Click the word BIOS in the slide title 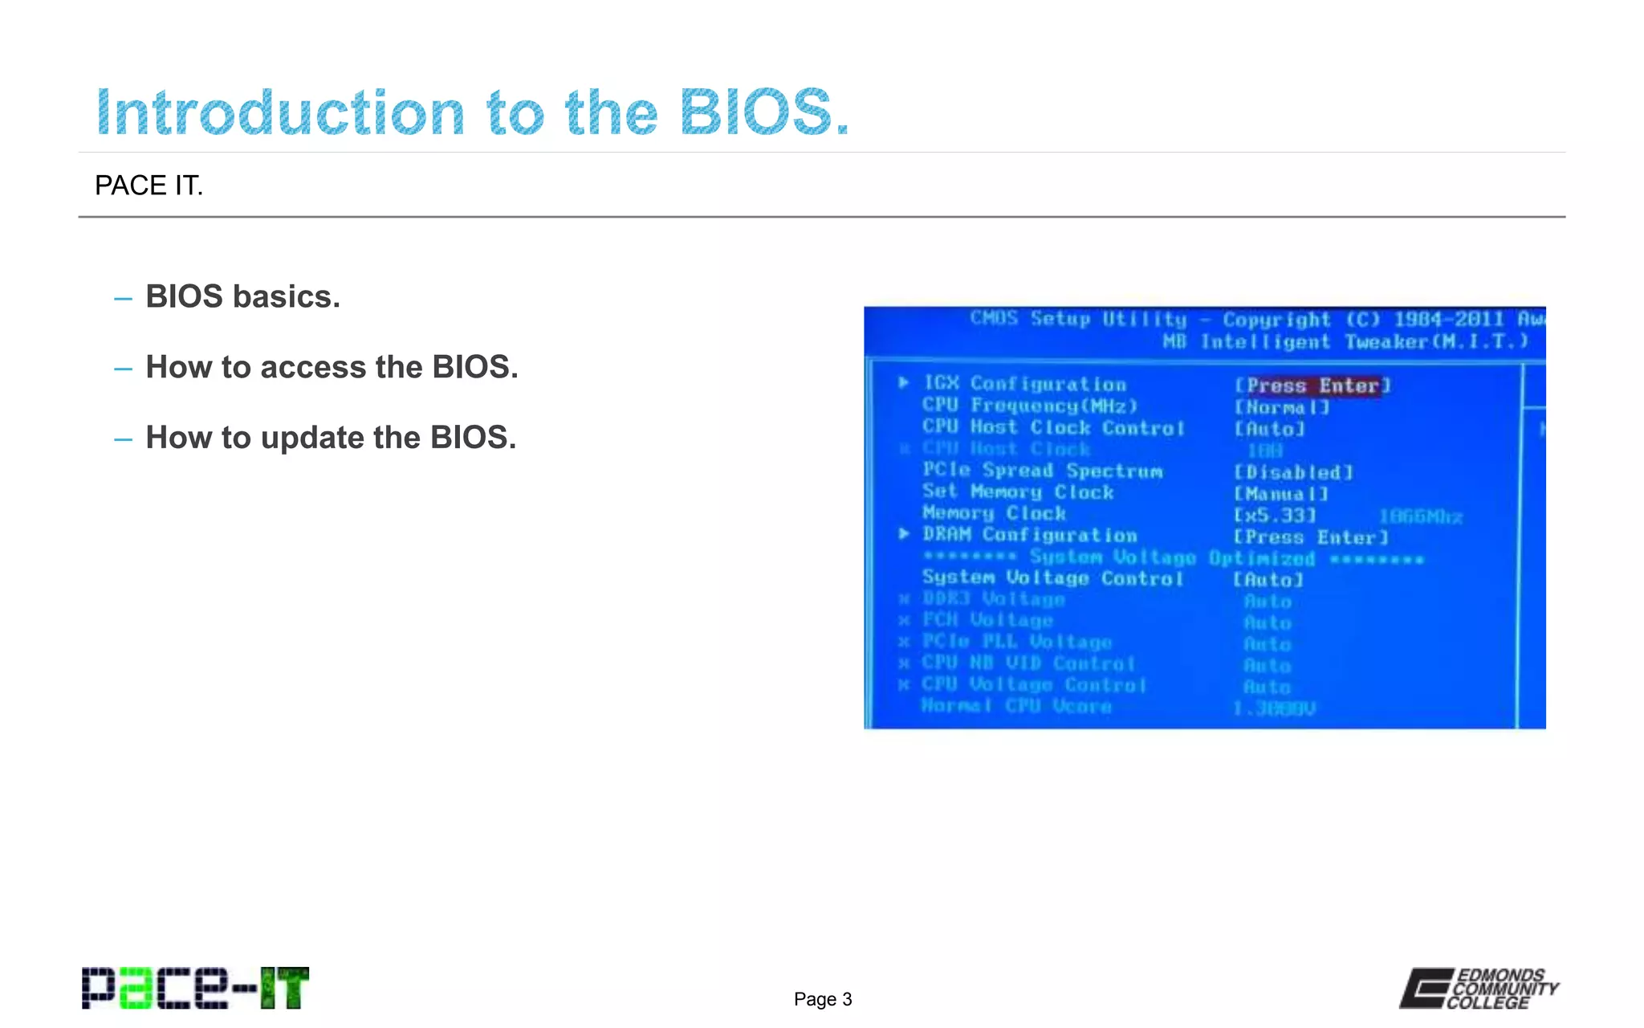point(763,112)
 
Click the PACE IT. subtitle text point(149,186)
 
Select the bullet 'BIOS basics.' point(242,296)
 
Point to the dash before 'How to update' point(123,439)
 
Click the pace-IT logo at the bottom point(195,988)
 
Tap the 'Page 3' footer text point(822,999)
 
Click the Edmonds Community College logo point(1479,988)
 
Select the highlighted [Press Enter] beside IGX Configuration point(1312,385)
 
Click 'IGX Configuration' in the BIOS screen point(1024,384)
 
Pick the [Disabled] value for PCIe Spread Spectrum point(1292,472)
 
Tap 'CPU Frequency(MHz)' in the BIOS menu point(1029,406)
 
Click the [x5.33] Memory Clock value point(1275,515)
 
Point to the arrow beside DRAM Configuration point(904,534)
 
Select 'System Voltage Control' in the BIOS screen point(1052,577)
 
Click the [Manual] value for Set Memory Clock point(1280,493)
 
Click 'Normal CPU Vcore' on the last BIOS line point(1015,706)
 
